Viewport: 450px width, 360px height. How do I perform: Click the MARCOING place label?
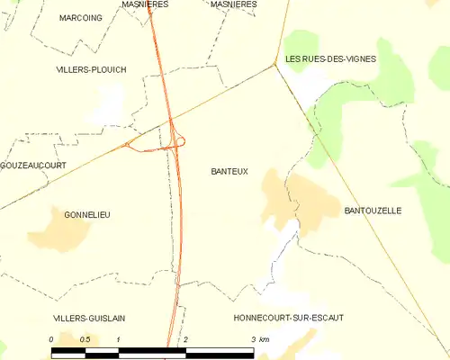(81, 18)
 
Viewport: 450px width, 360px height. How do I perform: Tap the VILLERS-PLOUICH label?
(91, 69)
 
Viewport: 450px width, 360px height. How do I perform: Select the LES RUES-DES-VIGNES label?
(330, 58)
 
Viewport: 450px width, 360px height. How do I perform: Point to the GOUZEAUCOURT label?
(33, 166)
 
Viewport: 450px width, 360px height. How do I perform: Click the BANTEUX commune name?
(229, 171)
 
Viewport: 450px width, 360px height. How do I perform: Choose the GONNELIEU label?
(87, 214)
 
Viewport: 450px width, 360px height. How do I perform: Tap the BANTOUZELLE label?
(373, 211)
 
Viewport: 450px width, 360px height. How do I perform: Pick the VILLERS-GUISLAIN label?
(88, 318)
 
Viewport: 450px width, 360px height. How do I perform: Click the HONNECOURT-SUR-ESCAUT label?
(288, 318)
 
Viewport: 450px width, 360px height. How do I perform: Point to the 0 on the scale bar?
(52, 339)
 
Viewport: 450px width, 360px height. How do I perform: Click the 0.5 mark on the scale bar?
(85, 339)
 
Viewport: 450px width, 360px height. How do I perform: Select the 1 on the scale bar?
(119, 339)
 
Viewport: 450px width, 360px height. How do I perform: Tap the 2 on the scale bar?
(185, 339)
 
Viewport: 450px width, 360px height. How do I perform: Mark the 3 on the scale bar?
(253, 339)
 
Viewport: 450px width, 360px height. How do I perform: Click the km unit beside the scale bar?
(265, 339)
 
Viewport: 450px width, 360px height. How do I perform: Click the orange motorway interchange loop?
(178, 140)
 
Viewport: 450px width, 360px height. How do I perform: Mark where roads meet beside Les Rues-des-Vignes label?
(274, 65)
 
